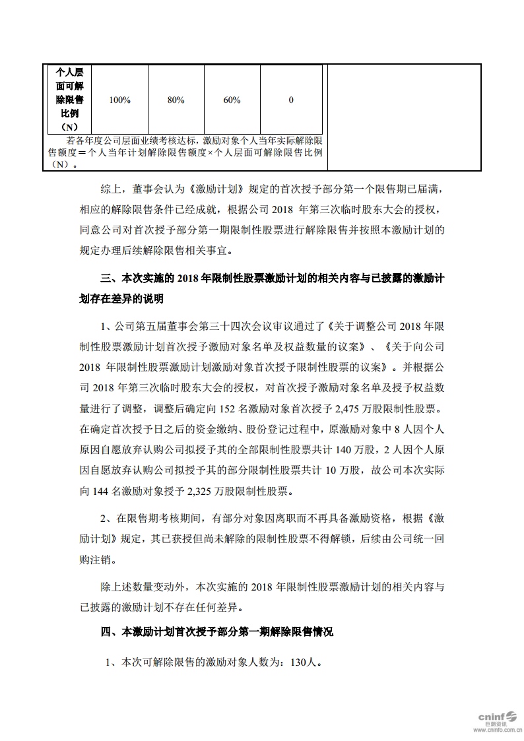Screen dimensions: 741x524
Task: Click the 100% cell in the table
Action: pyautogui.click(x=119, y=100)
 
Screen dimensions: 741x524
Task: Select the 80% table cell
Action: pyautogui.click(x=176, y=100)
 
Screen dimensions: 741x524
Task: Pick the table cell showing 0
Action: pyautogui.click(x=291, y=100)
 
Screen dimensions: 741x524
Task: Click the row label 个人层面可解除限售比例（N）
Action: pyautogui.click(x=69, y=100)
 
